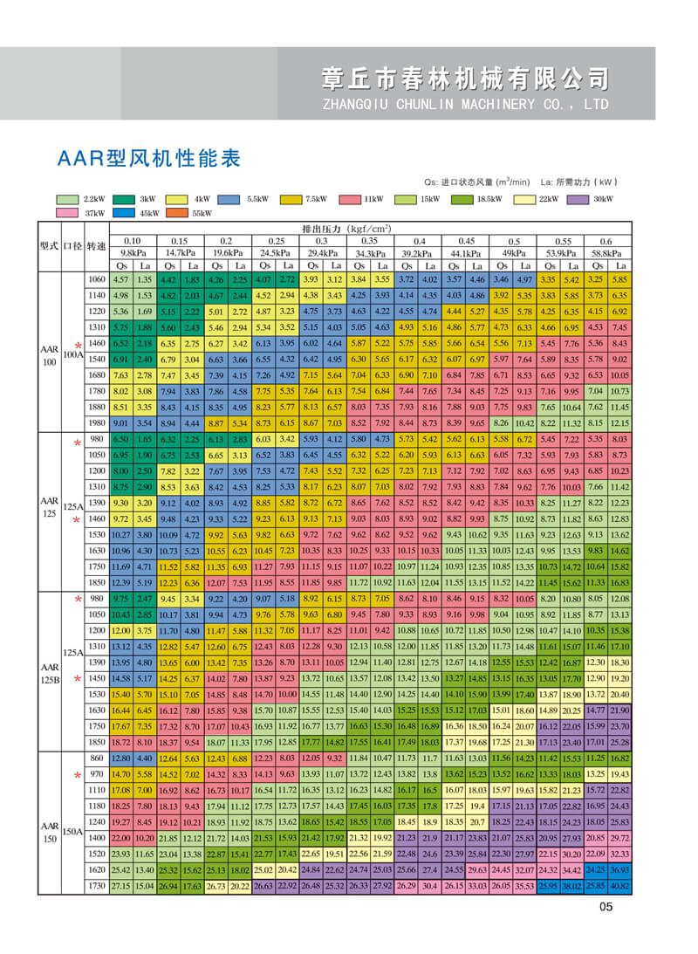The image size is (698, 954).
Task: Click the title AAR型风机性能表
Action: tap(148, 160)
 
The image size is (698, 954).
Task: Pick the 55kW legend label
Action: tap(202, 213)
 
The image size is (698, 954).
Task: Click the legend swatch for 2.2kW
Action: tap(66, 199)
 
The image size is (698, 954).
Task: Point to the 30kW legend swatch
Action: tap(573, 199)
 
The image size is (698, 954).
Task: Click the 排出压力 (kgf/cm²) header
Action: tap(346, 229)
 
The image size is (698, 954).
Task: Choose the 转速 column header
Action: tap(96, 247)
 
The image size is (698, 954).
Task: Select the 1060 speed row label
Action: tap(96, 279)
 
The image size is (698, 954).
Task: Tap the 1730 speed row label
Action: tap(96, 885)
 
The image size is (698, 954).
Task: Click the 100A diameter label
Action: tap(73, 353)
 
